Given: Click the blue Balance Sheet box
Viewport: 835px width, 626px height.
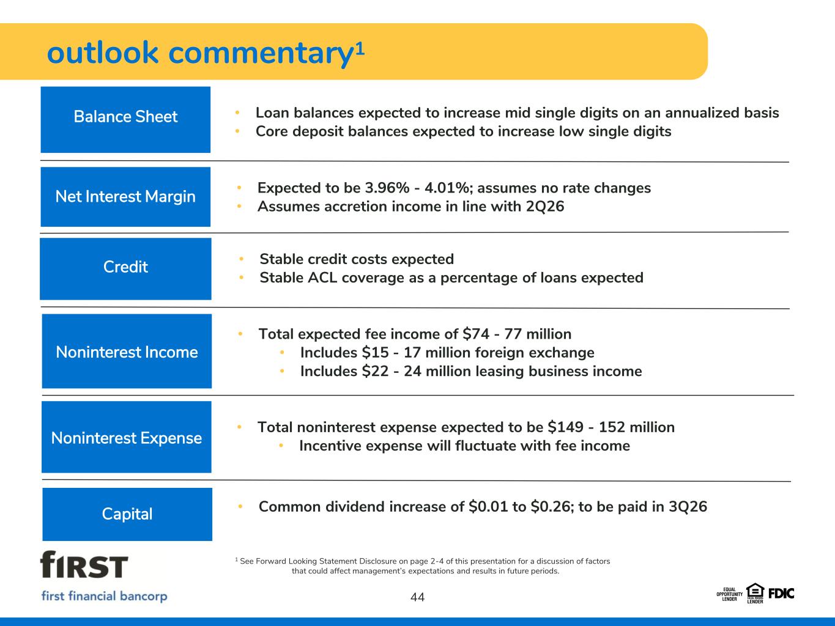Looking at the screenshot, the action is (125, 120).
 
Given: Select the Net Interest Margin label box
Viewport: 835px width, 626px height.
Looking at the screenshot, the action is (125, 197).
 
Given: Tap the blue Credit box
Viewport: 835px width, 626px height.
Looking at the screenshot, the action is (125, 269).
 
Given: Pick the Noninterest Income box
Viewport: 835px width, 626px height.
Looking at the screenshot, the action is (127, 351).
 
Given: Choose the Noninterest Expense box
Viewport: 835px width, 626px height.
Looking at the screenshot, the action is (126, 437).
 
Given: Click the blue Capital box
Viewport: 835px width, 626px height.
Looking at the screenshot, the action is (127, 514).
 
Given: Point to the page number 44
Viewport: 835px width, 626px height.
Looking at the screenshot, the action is (417, 597).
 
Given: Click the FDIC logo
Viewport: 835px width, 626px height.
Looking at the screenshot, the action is (781, 594).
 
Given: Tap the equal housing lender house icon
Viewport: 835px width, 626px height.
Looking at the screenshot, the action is (755, 593).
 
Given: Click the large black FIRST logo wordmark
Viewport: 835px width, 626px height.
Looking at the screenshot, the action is (84, 564).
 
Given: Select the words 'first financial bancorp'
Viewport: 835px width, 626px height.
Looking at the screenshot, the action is (104, 595).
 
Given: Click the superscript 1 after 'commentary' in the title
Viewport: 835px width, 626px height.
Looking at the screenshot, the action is (360, 49).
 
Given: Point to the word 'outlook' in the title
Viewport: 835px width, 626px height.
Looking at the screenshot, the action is (102, 53).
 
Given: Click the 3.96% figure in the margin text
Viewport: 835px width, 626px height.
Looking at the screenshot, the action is (387, 188).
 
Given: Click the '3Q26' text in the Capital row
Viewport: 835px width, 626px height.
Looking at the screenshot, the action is (688, 507).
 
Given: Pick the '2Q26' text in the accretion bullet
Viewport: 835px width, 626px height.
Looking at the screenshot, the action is (545, 207).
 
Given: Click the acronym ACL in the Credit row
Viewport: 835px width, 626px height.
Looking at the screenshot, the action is (322, 278).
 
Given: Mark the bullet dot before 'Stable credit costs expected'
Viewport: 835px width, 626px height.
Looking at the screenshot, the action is (241, 259).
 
